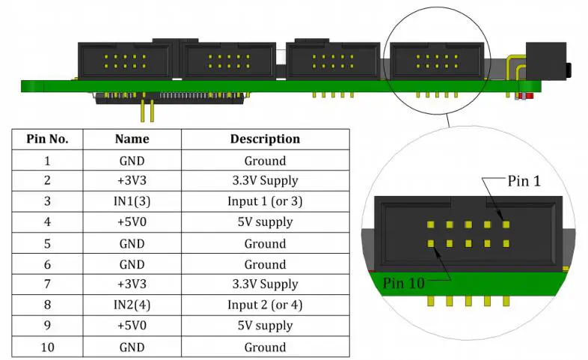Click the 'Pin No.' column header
48,139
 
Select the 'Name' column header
132,139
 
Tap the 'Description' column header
265,139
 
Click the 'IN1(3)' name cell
132,201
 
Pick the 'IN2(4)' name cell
132,305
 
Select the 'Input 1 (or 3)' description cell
265,201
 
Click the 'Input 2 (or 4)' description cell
265,305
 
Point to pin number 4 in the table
48,222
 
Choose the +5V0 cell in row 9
132,326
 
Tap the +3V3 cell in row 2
132,180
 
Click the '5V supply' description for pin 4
265,222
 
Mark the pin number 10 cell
48,347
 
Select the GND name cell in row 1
132,160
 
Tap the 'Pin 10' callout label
404,283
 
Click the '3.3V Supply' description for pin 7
265,284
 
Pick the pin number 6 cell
48,264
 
